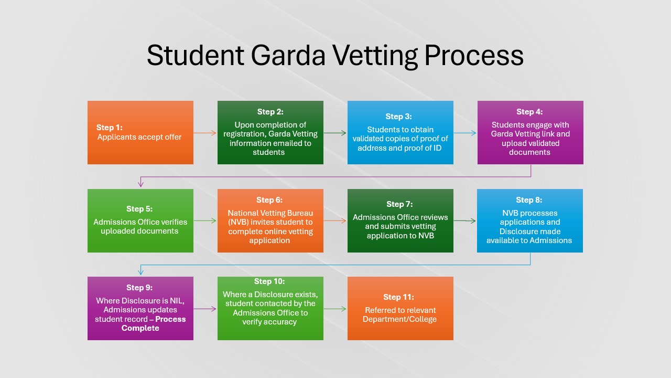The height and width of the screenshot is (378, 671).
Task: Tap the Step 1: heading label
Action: click(x=110, y=128)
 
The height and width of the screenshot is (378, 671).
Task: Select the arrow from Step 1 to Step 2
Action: click(x=205, y=133)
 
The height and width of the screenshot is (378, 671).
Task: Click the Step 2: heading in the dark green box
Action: click(x=270, y=112)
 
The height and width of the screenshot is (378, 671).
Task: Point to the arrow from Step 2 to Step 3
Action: click(x=335, y=133)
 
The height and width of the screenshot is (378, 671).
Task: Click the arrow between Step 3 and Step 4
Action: click(x=465, y=133)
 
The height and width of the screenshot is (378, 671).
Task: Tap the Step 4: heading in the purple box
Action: click(x=529, y=112)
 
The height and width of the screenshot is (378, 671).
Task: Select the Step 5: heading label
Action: click(x=139, y=209)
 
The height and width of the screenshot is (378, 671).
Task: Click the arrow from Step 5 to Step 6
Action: click(x=205, y=220)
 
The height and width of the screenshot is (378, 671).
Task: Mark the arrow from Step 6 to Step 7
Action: click(x=335, y=220)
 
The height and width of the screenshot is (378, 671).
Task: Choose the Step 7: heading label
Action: click(x=399, y=204)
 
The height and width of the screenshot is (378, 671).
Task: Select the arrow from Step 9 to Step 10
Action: click(x=205, y=309)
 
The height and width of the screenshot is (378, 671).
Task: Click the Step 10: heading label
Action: click(x=270, y=282)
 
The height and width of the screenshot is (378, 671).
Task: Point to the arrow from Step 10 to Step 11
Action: click(x=335, y=309)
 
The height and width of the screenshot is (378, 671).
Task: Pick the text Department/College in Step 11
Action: click(x=399, y=319)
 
